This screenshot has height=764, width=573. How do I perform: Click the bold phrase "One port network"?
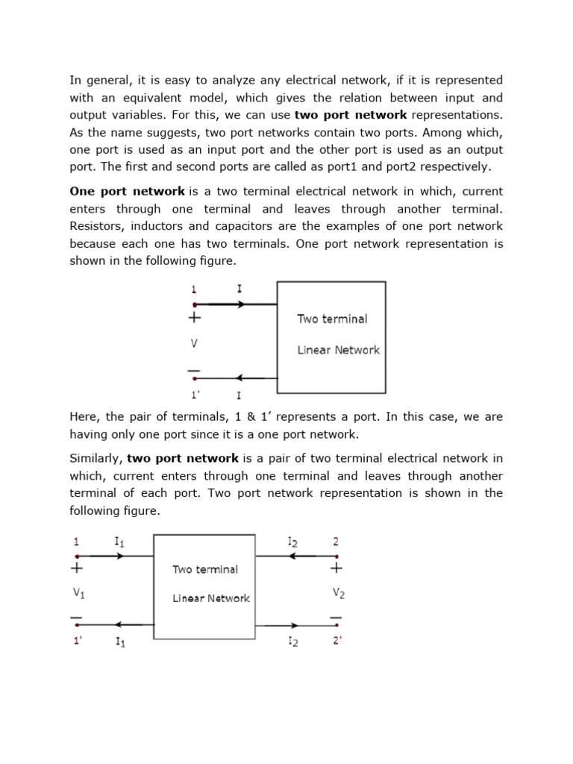(x=127, y=192)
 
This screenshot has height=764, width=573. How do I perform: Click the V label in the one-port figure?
(x=194, y=344)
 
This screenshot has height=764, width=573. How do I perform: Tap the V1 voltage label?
(x=80, y=594)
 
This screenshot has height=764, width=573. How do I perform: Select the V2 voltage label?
(x=338, y=594)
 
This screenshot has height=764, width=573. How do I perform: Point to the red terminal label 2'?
(x=337, y=640)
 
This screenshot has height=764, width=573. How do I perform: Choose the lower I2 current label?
(x=292, y=642)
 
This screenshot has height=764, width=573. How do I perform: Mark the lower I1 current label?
(x=119, y=642)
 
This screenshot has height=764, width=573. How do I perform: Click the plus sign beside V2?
(x=336, y=569)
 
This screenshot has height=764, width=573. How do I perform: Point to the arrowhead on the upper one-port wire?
(x=240, y=304)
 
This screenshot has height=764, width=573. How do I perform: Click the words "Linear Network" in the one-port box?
(x=338, y=350)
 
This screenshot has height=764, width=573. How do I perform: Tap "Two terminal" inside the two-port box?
(x=205, y=569)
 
